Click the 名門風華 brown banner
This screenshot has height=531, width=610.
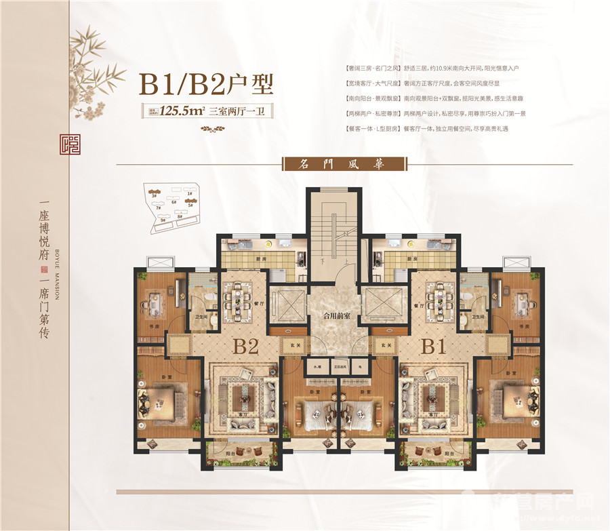(x=343, y=164)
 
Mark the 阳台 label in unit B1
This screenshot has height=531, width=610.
(x=449, y=453)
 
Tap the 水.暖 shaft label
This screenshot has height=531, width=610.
(x=317, y=366)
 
